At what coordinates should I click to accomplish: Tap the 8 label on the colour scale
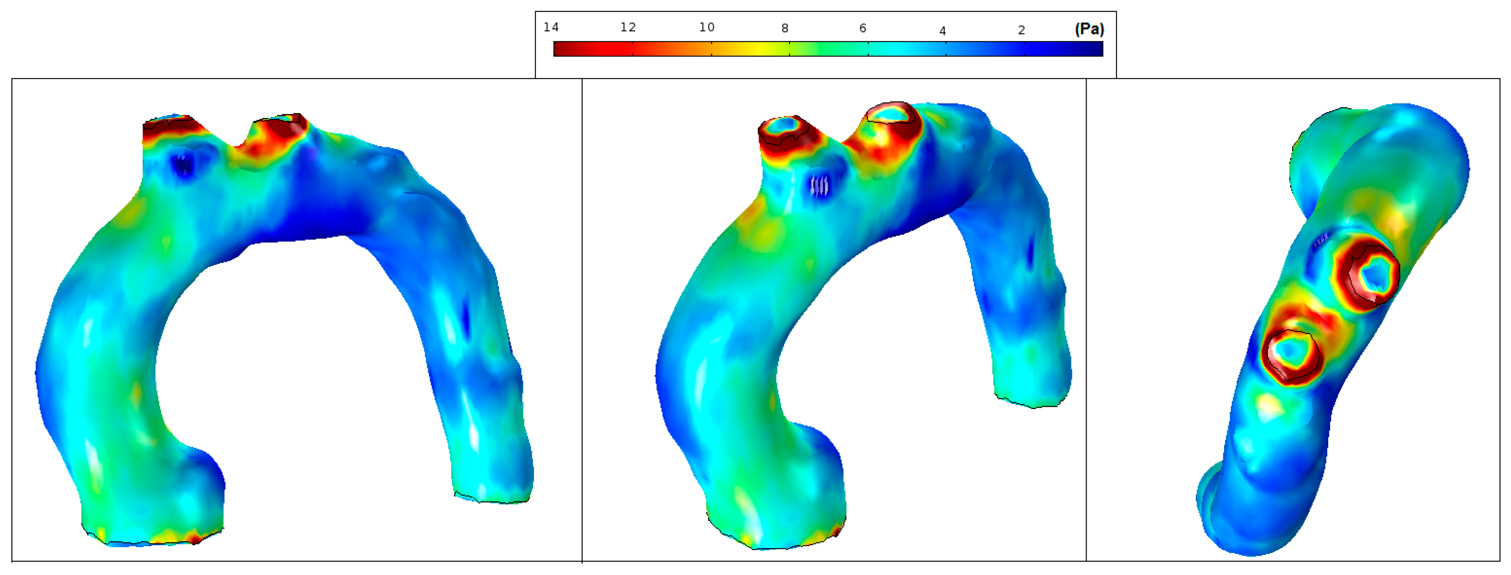click(x=784, y=28)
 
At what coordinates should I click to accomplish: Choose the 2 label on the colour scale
click(x=1021, y=30)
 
